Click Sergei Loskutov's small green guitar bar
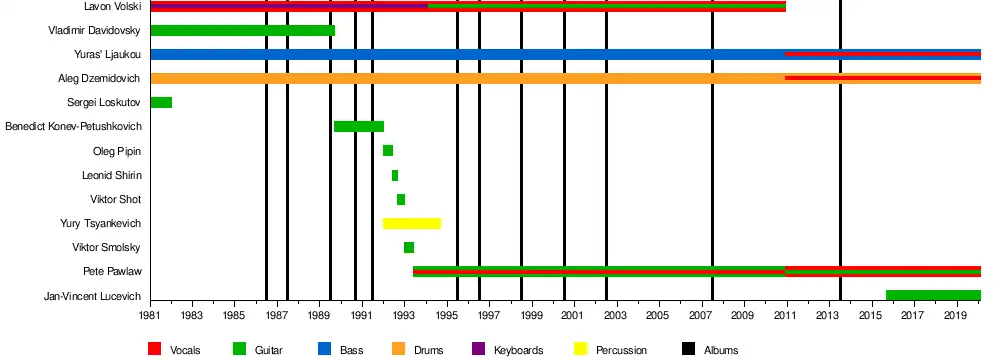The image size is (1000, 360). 161,102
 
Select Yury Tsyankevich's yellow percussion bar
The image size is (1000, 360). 411,223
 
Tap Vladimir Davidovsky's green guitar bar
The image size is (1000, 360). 242,30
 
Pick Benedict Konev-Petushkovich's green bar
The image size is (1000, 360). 358,126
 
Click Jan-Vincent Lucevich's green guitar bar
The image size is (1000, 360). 933,295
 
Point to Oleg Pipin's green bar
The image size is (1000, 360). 388,151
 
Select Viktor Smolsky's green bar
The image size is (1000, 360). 409,248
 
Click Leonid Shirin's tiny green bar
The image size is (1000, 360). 395,175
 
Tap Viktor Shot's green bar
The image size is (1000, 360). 401,199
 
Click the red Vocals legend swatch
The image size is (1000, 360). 154,349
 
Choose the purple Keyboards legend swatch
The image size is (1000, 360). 478,349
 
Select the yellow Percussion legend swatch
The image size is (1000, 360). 580,349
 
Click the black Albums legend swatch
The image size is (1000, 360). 688,349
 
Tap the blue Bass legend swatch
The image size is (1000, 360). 324,349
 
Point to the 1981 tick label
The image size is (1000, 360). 150,315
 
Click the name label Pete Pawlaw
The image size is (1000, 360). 112,271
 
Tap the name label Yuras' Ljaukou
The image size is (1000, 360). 107,54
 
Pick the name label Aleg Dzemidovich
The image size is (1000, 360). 99,79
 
